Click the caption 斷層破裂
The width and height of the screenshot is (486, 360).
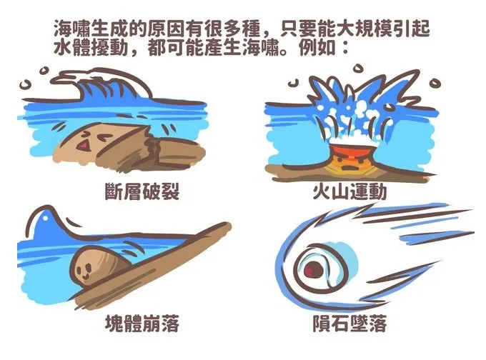[x=142, y=191]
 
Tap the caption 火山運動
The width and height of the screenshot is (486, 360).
[x=350, y=191]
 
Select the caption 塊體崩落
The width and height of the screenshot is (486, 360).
[x=142, y=324]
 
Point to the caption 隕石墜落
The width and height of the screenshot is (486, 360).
[x=350, y=324]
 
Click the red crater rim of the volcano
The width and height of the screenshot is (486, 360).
[x=352, y=148]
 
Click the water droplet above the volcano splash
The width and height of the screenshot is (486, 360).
[x=358, y=68]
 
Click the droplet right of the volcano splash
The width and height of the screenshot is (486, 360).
[x=435, y=84]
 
